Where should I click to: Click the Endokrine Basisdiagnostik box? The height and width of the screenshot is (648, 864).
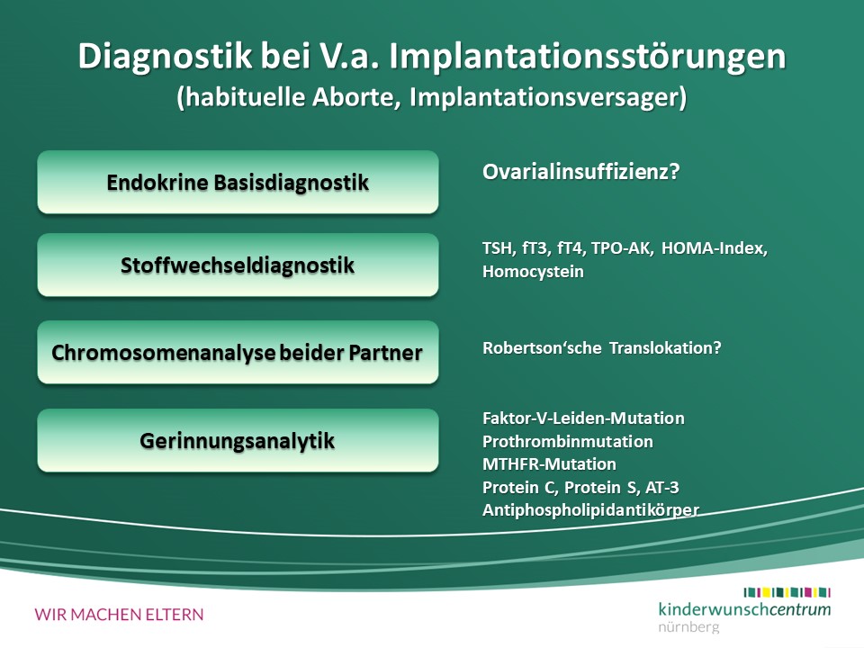point(238,183)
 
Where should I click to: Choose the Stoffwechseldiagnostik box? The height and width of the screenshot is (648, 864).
point(238,265)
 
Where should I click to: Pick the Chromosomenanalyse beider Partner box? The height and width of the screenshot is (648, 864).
point(238,352)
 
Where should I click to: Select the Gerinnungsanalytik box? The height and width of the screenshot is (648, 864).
point(238,440)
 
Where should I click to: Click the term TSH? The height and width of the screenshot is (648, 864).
point(498,248)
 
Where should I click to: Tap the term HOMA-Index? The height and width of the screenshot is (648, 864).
point(714,248)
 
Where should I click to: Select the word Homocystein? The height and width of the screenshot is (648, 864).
point(533,272)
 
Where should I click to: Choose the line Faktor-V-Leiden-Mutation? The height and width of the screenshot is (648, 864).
point(583,418)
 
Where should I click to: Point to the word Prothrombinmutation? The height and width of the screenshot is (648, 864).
point(568,441)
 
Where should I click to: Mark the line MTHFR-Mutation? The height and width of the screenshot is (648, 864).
point(549,464)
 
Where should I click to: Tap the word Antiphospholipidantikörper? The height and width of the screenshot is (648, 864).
point(590,510)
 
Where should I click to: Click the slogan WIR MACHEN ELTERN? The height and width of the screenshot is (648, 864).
point(119,615)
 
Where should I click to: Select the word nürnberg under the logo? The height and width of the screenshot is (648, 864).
point(688,627)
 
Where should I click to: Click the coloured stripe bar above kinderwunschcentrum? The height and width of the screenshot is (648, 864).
point(787,592)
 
